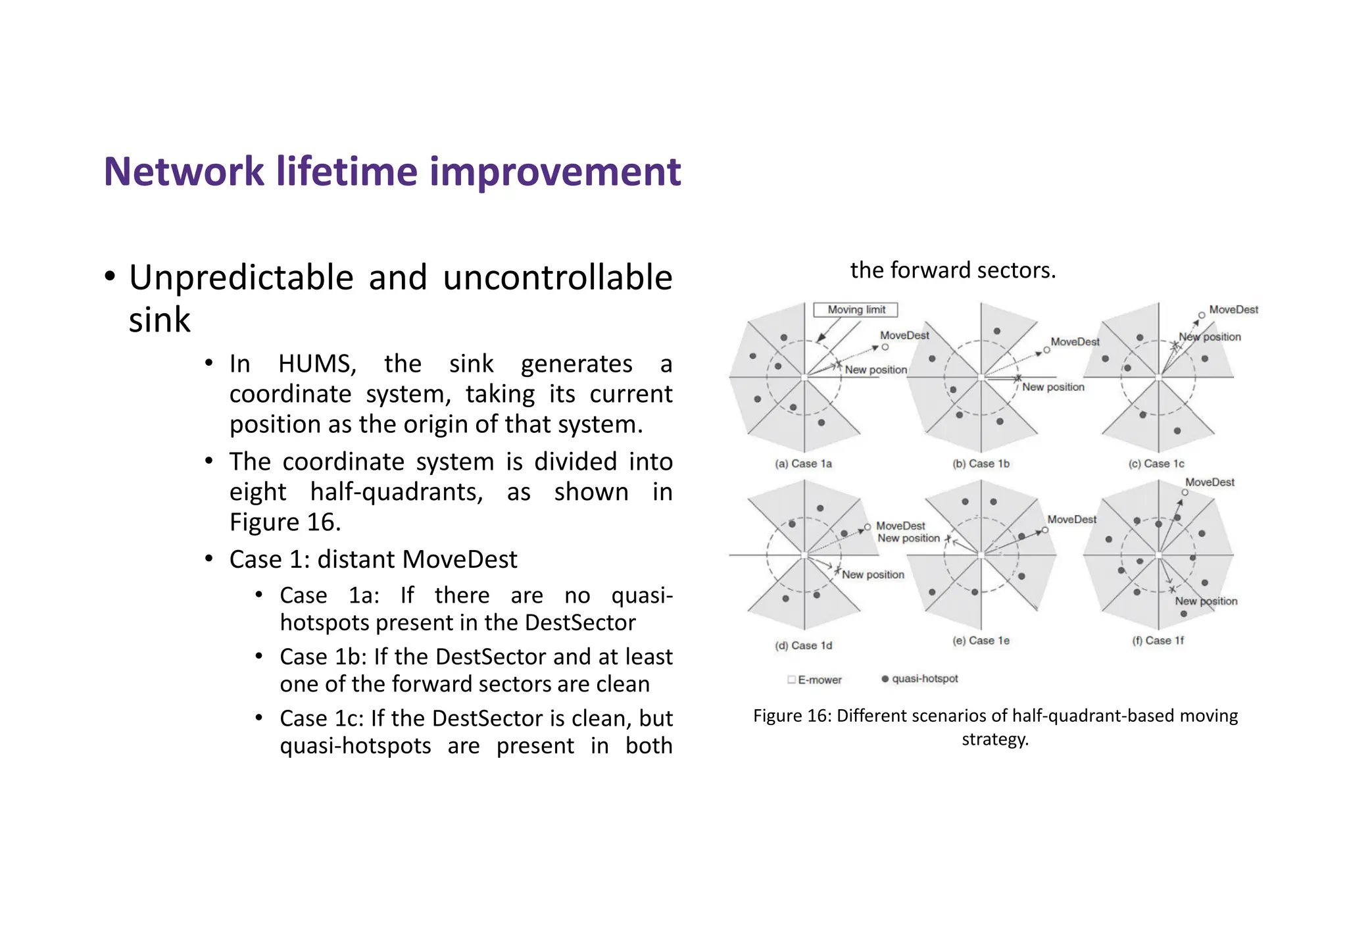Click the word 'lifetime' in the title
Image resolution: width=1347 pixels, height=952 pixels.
coord(346,172)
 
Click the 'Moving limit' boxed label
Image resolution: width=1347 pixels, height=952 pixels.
coord(856,310)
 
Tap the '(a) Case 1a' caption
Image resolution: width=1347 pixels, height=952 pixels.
coord(803,464)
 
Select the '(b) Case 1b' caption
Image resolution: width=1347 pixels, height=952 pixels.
coord(981,464)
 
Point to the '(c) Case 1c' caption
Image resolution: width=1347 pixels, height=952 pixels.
coord(1156,464)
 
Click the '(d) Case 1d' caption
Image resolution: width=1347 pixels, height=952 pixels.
coord(803,646)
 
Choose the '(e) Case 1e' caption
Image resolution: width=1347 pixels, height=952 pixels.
coord(981,641)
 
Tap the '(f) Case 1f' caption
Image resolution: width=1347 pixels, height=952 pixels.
coord(1158,641)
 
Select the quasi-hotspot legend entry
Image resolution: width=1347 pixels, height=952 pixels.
coord(920,679)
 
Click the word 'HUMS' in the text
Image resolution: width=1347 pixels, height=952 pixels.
coord(316,364)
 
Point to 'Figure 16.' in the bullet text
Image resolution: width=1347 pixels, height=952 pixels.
coord(285,522)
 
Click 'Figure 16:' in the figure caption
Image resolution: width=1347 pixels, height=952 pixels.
coord(792,716)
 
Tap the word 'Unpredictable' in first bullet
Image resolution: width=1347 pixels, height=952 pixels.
coord(241,278)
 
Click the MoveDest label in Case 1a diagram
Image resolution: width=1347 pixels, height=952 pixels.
coord(904,336)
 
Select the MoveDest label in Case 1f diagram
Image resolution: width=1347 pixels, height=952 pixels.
coord(1210,482)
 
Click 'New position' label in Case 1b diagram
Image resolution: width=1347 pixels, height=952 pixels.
coord(1053,388)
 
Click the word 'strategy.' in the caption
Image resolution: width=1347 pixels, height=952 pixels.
coord(994,739)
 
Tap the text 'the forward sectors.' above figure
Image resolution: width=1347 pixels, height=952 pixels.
coord(952,270)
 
